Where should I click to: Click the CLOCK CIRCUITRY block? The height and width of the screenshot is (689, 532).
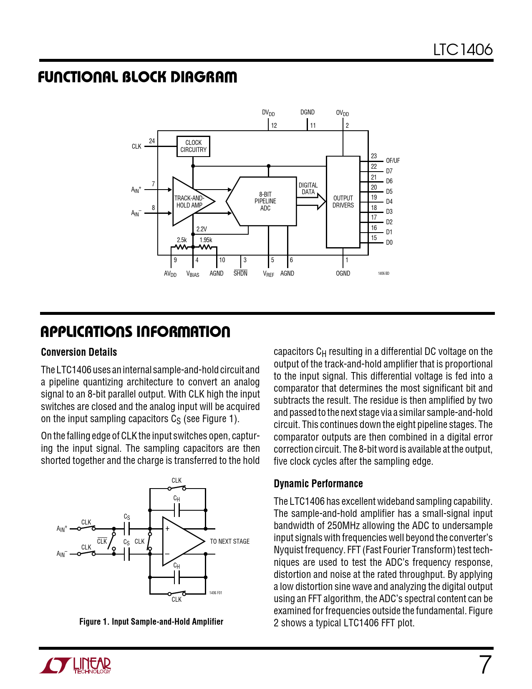point(193,146)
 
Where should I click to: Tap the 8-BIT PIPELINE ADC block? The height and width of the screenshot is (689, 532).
point(265,201)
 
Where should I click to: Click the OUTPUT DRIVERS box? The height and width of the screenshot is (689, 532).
point(343,202)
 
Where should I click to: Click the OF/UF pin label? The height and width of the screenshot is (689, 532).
point(393,161)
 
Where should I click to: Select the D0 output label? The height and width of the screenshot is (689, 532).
point(389,243)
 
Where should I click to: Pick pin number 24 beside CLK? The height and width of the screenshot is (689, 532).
point(152,141)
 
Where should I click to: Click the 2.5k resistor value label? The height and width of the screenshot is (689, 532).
point(182,240)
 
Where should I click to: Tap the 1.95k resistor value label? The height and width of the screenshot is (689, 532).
point(206,240)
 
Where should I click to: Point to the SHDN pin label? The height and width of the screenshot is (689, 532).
point(240,274)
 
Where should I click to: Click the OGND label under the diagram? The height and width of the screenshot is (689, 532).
point(343,274)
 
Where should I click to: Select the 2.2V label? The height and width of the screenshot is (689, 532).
point(202,229)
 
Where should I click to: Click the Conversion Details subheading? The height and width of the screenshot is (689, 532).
point(79,352)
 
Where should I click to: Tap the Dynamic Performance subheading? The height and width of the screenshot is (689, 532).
point(318,484)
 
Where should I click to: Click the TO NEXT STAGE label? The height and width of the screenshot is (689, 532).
point(229,542)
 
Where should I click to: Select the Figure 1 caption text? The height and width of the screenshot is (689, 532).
point(151,622)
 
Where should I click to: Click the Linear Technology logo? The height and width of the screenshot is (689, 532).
point(76,665)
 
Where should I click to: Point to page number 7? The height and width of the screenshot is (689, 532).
point(485,665)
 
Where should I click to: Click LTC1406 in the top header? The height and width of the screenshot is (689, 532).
point(462,50)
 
